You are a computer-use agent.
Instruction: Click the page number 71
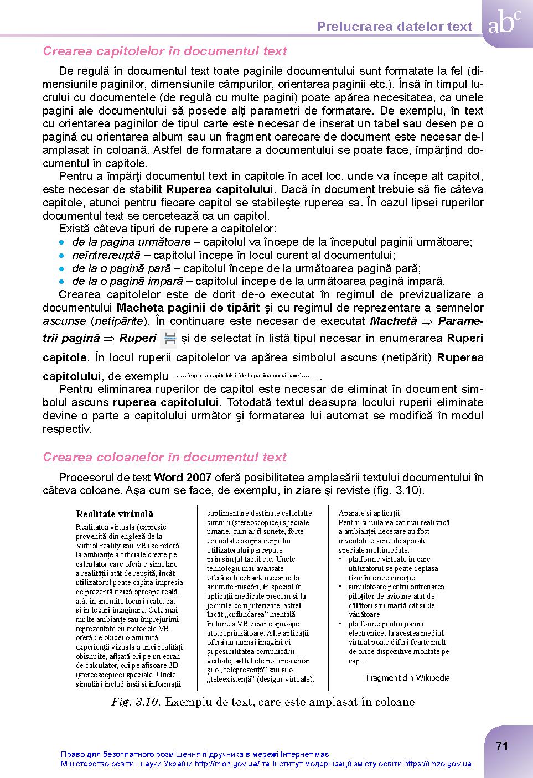tap(501, 746)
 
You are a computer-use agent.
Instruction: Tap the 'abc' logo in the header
tap(504, 24)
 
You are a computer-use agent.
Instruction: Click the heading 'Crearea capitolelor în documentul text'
tap(164, 51)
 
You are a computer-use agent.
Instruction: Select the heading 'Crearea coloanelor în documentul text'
tap(164, 457)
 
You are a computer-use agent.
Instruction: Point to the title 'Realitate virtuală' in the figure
tap(115, 514)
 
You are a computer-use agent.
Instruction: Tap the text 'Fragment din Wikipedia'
tap(408, 677)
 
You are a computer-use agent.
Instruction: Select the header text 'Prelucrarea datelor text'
tap(395, 27)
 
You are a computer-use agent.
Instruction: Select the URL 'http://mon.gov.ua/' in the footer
tap(227, 764)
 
